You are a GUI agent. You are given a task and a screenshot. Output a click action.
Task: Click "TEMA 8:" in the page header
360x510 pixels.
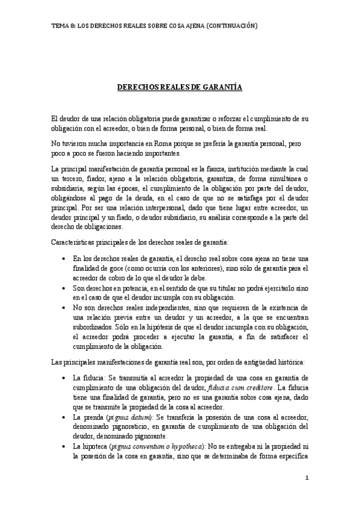[63, 26]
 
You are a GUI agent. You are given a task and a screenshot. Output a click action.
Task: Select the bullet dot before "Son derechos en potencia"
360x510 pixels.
[64, 289]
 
